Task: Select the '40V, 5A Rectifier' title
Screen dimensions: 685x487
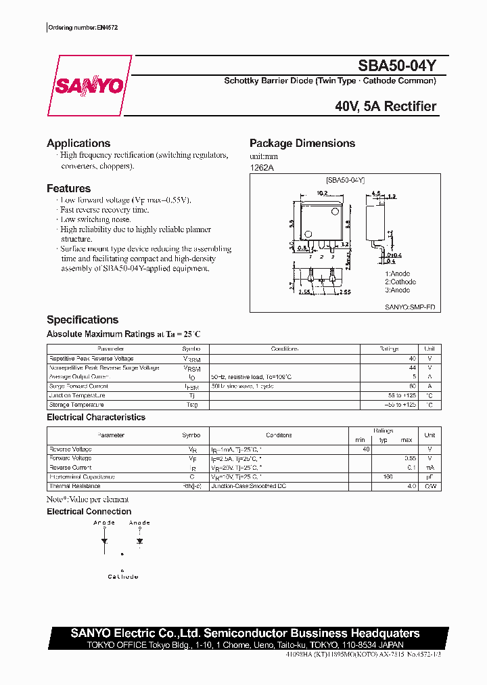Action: tap(386, 106)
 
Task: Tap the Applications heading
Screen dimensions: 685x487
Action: tap(78, 143)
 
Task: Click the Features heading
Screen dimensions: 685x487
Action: tap(68, 189)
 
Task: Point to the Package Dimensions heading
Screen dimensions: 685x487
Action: tap(302, 143)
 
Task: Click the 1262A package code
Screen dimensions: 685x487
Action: tap(262, 168)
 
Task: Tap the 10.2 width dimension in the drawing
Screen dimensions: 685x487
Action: tap(322, 193)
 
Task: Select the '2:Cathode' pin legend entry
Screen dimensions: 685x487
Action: tap(400, 282)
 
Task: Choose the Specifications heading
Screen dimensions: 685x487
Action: tap(83, 320)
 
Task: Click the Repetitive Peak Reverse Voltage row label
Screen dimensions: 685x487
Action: tap(91, 359)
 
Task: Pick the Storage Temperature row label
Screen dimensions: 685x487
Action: tap(77, 405)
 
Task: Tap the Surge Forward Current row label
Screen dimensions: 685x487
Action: tap(78, 386)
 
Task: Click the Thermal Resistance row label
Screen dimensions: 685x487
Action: tap(75, 486)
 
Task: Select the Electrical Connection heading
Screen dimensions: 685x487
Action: tap(89, 512)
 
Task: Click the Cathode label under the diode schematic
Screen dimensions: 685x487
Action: tap(122, 577)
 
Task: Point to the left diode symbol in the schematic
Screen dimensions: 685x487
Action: tap(104, 541)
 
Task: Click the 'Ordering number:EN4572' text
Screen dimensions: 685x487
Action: tap(80, 28)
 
